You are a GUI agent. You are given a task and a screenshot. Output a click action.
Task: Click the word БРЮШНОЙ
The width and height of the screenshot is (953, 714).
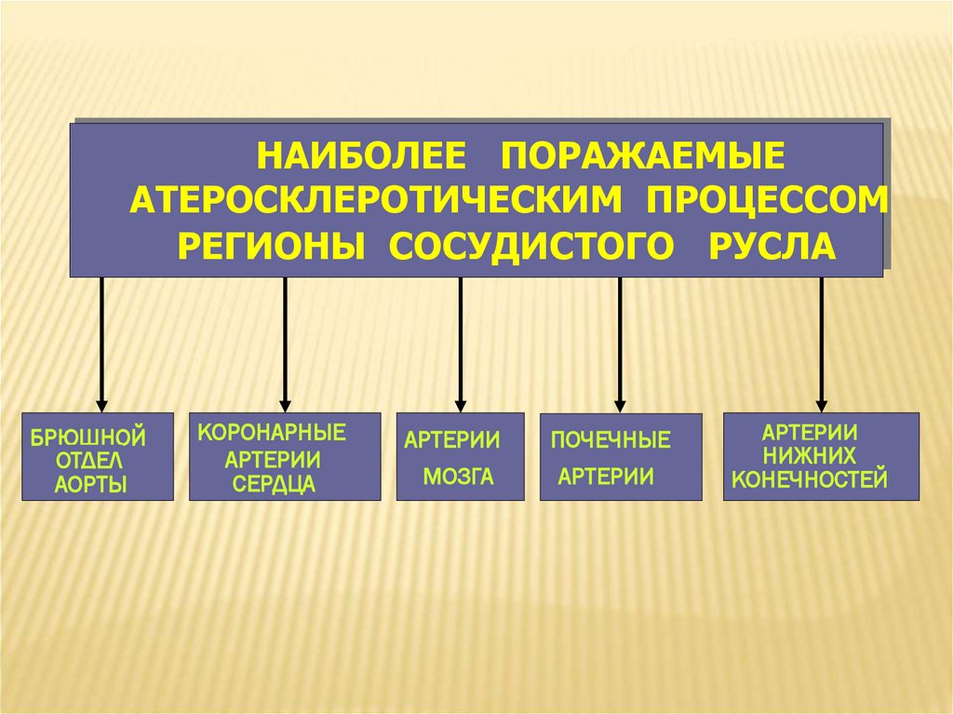[88, 436]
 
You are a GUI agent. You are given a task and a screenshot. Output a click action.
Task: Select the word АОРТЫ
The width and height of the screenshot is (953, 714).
[89, 483]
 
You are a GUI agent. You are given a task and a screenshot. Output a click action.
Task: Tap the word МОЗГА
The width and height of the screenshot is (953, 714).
[458, 478]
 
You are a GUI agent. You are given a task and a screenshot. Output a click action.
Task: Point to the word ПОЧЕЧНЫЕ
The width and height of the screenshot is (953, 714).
[611, 440]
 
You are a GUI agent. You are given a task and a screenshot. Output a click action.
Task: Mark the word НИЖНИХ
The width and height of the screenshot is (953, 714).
[810, 456]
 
